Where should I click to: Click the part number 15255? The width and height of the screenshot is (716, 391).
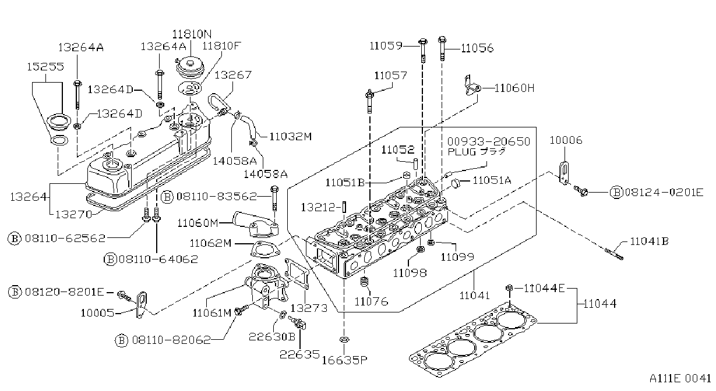click(x=45, y=66)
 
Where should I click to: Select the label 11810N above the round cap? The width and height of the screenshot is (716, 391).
click(x=192, y=34)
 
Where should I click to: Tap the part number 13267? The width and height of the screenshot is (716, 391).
click(x=233, y=74)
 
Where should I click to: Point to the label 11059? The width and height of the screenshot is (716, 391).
click(x=386, y=45)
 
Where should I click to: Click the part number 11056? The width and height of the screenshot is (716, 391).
click(x=477, y=48)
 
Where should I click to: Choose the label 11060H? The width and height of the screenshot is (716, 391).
click(x=514, y=88)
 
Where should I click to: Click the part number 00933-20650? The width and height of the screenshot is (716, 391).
click(x=488, y=141)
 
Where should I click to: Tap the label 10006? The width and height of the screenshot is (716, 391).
click(x=566, y=140)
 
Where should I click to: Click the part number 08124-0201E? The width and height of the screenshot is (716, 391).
click(x=664, y=192)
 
